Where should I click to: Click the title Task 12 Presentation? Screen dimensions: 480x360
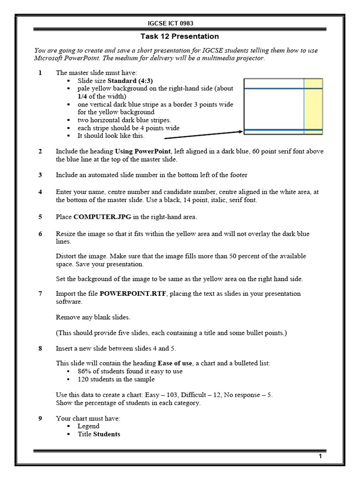coord(180,37)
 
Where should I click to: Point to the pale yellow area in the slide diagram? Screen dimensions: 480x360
coord(313,108)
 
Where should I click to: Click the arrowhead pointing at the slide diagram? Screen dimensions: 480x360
coord(240,132)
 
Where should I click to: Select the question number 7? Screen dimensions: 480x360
coord(40,293)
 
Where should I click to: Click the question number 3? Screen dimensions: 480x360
coord(40,175)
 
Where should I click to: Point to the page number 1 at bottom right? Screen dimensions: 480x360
coord(320,457)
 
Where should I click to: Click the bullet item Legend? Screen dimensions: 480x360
coord(89,426)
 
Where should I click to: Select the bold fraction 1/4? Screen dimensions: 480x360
coord(82,96)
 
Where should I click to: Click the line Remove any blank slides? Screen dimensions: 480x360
coord(93,317)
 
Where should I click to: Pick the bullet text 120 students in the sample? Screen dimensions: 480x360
coord(116,379)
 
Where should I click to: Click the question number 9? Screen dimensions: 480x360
coord(40,418)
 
